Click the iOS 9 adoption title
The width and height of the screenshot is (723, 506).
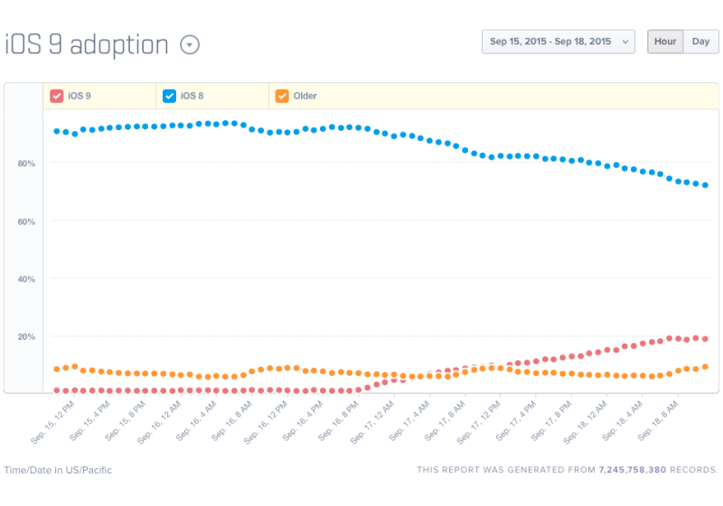click(x=88, y=44)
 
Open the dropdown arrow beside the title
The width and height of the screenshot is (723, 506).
click(x=190, y=44)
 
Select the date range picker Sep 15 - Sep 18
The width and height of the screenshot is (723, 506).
click(x=558, y=42)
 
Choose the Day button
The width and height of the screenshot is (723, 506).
click(x=700, y=42)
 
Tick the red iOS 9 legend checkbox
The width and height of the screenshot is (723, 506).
click(x=56, y=96)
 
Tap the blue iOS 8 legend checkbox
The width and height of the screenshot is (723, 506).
click(x=169, y=96)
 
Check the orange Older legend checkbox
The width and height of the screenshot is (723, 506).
click(x=282, y=96)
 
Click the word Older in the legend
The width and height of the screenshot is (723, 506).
click(x=305, y=96)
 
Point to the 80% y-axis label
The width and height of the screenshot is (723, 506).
click(x=25, y=163)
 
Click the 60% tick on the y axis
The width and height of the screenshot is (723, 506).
click(x=25, y=220)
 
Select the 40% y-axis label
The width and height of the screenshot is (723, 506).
click(x=25, y=278)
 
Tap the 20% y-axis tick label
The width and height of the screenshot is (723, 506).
click(x=25, y=336)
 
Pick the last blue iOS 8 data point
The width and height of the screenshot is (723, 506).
click(x=705, y=185)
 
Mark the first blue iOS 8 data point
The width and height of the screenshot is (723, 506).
click(x=56, y=131)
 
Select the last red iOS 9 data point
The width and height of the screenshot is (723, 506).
click(x=705, y=339)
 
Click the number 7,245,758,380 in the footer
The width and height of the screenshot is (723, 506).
click(x=632, y=470)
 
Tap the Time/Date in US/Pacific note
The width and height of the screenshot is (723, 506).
click(x=58, y=470)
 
